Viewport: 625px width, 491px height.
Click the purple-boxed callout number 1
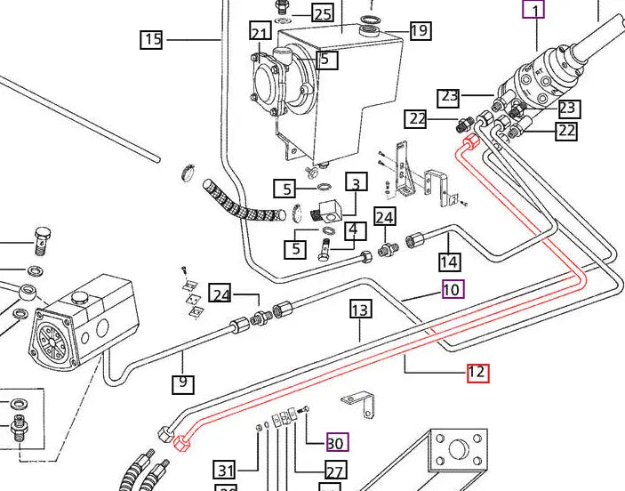click(x=533, y=11)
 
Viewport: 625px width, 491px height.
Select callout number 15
click(x=151, y=39)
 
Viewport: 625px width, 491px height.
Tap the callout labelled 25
click(x=322, y=13)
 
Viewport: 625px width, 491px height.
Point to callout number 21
click(x=260, y=34)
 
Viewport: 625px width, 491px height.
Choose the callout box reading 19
click(x=420, y=31)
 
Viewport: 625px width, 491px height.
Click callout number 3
click(x=356, y=184)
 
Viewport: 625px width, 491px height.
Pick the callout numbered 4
click(x=354, y=230)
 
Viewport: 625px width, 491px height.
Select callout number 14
click(x=449, y=262)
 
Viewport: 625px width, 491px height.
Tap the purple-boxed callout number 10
click(x=453, y=289)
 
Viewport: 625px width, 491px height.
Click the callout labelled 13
click(x=359, y=310)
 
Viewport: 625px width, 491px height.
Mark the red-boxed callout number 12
click(x=477, y=373)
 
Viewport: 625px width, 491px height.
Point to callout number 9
click(x=182, y=384)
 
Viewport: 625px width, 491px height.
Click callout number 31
click(x=225, y=471)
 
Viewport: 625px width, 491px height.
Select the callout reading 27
click(x=335, y=471)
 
